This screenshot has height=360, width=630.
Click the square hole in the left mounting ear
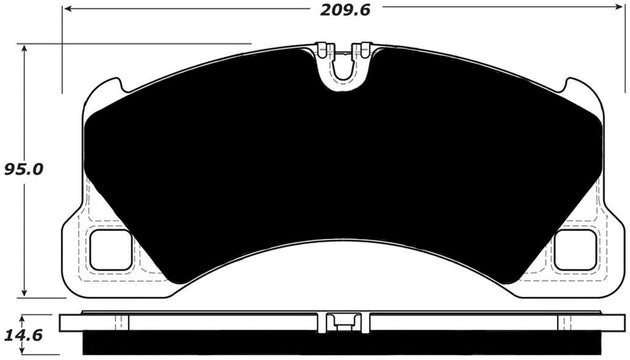click(112, 250)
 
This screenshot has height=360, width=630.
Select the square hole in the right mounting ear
click(574, 250)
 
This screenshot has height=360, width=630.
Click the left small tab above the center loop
click(322, 48)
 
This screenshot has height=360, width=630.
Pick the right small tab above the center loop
click(365, 48)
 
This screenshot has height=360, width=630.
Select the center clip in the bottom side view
click(343, 321)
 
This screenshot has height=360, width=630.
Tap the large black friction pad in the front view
click(343, 170)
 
